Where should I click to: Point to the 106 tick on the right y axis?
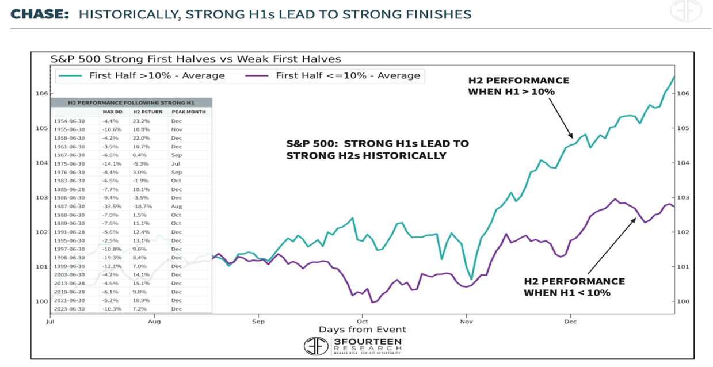tap(684, 93)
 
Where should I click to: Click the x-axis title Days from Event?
tap(363, 330)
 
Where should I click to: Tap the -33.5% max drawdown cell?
tap(111, 206)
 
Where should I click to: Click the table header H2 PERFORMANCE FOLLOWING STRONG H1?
tap(131, 102)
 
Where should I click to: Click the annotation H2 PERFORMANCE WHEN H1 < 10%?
tap(574, 286)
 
